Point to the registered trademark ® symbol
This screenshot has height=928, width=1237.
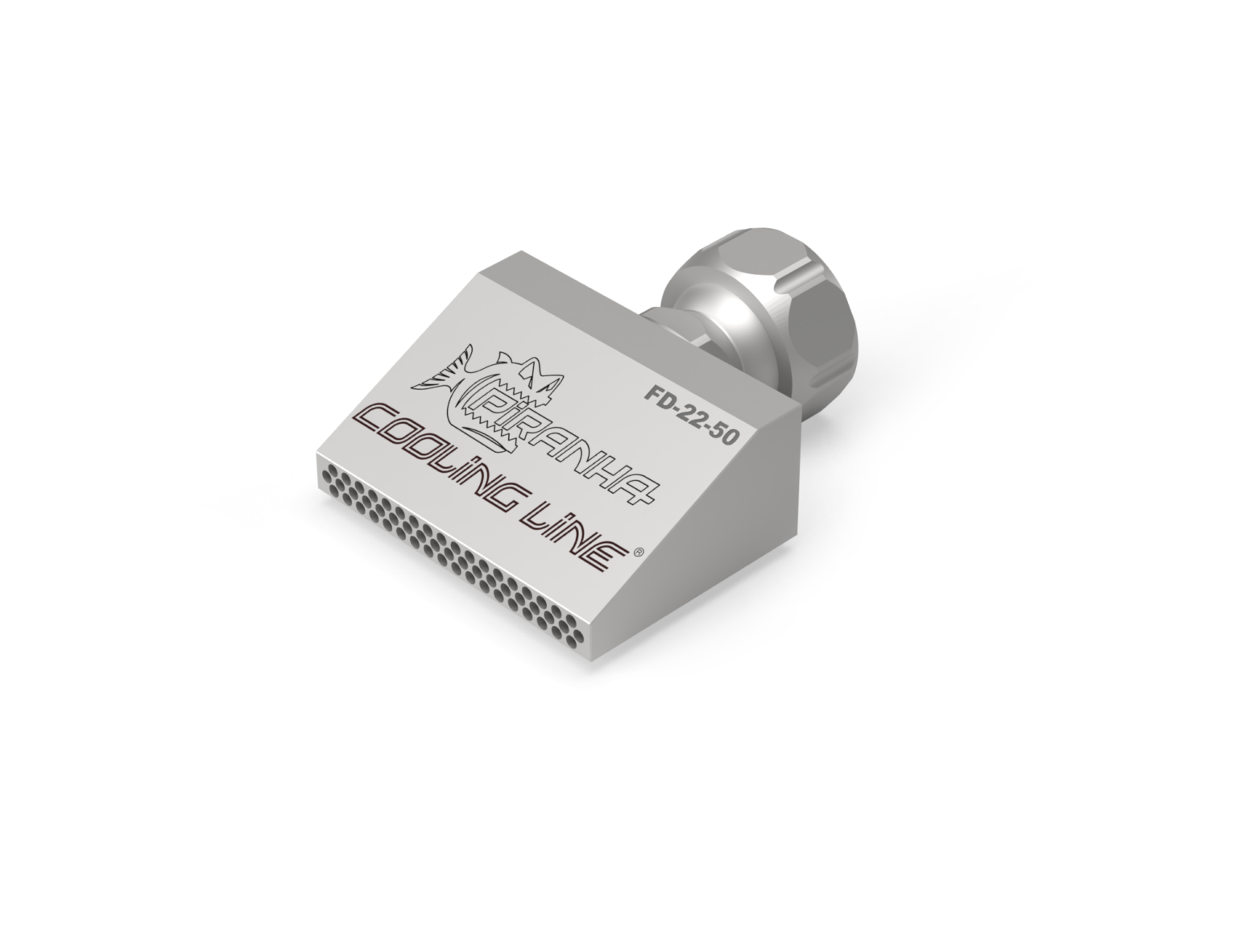[x=638, y=553]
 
